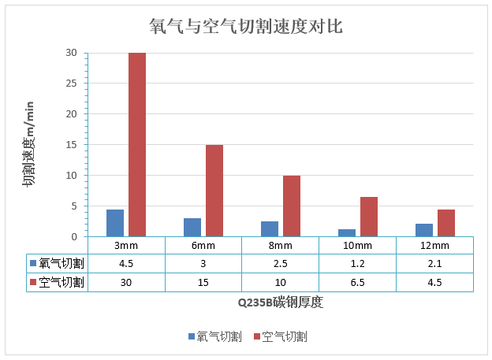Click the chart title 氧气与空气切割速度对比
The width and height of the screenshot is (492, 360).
245,25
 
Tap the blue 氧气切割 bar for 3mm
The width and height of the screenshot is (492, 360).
115,223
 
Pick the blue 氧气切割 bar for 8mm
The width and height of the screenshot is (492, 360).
270,228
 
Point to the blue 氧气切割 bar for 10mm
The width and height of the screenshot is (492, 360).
347,232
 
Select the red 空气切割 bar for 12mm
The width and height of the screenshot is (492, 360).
446,223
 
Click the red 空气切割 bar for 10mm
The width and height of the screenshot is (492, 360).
369,217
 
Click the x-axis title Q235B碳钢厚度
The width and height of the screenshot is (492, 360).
280,302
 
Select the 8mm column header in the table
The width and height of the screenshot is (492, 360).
281,245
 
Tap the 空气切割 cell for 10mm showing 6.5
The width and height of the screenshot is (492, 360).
357,281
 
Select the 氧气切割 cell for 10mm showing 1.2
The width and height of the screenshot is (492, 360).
357,263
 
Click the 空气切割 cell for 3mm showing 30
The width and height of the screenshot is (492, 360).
126,281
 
